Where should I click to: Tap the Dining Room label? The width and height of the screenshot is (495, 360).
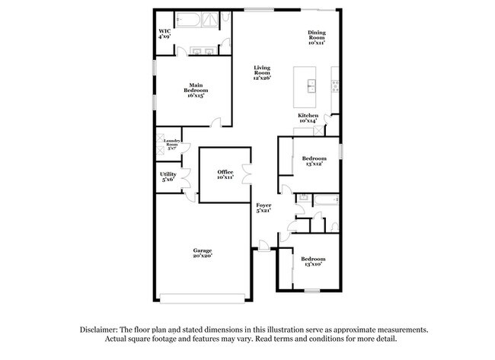click(317, 37)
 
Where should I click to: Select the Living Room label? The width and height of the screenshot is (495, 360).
click(262, 72)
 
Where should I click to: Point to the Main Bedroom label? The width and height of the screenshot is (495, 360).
click(196, 88)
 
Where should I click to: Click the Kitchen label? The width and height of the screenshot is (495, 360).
click(308, 117)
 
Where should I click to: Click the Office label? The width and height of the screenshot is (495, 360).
click(225, 174)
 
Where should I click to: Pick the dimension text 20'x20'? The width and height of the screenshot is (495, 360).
click(202, 256)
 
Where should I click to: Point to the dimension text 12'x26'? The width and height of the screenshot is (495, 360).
click(263, 78)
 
